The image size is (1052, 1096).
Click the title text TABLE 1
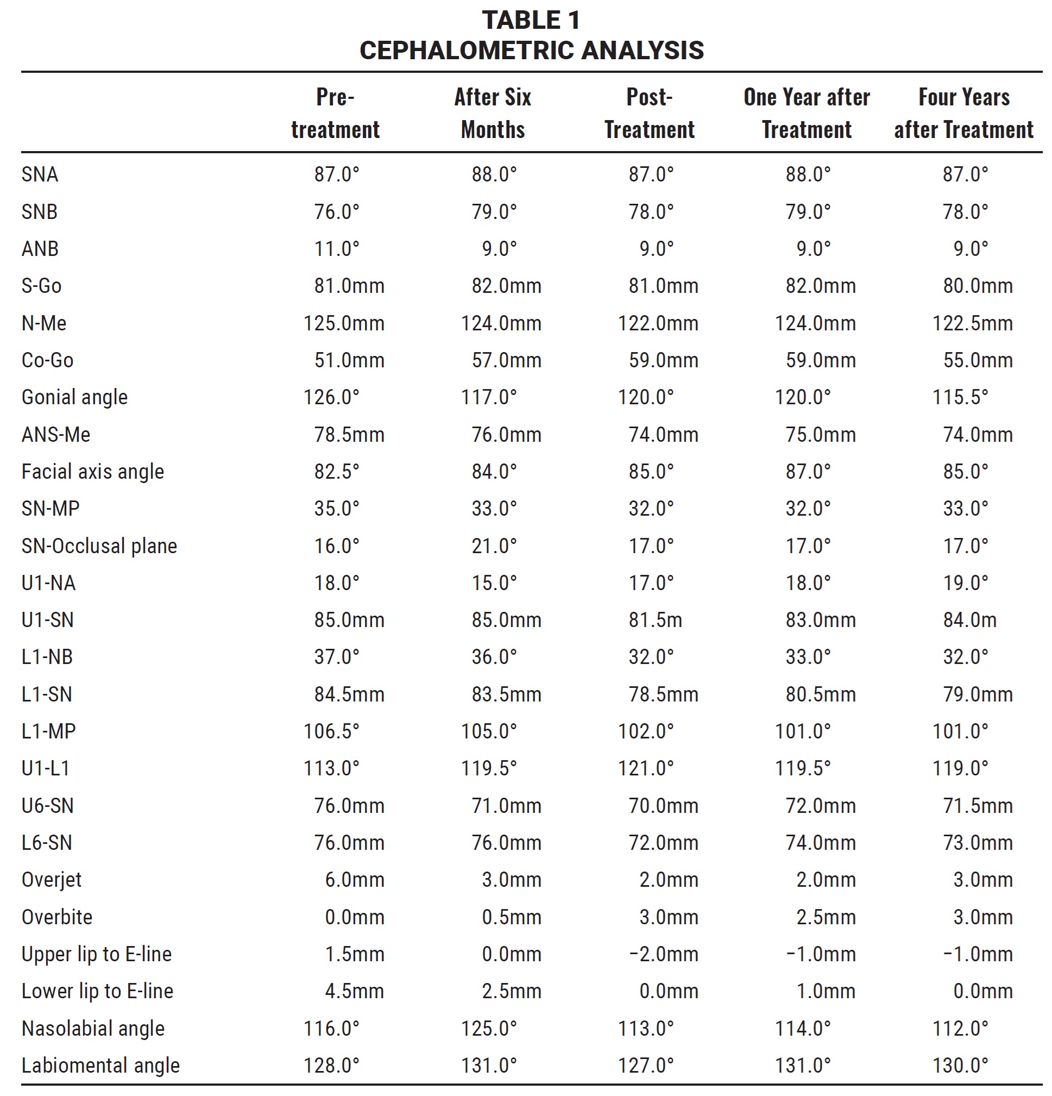click(x=531, y=21)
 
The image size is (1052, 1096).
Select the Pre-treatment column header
click(x=335, y=114)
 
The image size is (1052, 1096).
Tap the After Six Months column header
click(x=493, y=114)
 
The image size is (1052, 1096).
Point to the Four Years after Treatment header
click(x=963, y=114)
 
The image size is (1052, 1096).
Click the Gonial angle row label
click(x=74, y=398)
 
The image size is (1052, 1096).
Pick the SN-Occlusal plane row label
click(x=99, y=546)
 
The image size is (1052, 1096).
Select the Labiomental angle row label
click(x=100, y=1066)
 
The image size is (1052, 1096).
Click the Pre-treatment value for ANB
click(x=337, y=249)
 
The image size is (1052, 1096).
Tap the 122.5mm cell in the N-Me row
click(x=972, y=323)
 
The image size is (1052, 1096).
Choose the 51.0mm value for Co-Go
click(x=349, y=361)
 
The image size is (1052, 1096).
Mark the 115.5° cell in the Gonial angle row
click(x=960, y=398)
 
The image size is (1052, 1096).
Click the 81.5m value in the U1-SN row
click(x=655, y=620)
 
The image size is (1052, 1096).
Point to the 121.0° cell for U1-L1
click(x=646, y=769)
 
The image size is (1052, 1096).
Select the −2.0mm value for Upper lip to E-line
click(x=664, y=955)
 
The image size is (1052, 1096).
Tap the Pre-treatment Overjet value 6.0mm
click(x=355, y=880)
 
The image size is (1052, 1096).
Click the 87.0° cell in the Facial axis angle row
click(x=808, y=472)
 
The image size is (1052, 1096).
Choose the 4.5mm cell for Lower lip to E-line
click(x=355, y=992)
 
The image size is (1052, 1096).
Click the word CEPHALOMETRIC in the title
click(x=467, y=51)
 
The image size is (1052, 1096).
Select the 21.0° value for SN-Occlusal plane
click(x=494, y=546)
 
